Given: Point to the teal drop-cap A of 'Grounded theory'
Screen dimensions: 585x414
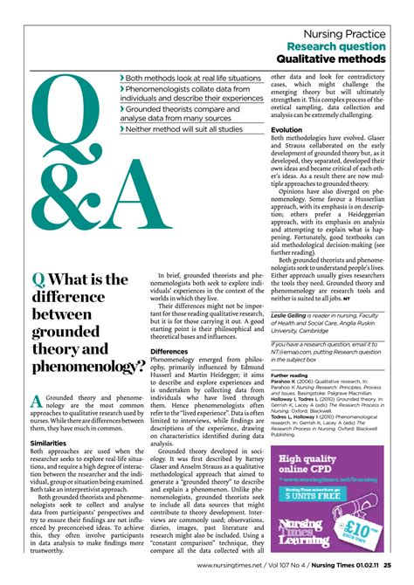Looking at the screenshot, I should (38, 402).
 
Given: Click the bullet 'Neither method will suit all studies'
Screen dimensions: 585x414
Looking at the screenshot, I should (184, 129).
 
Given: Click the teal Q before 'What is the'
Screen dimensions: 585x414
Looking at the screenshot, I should (38, 280).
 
